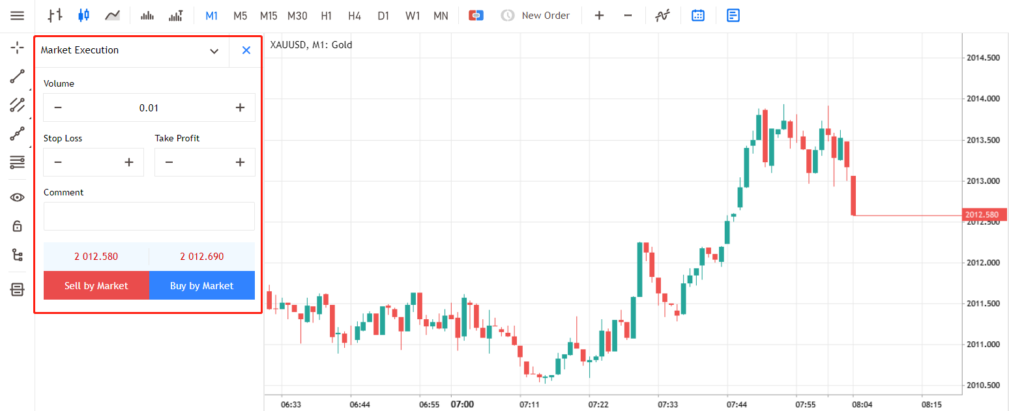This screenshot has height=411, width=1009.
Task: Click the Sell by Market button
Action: (96, 285)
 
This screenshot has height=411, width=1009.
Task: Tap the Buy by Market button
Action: (202, 285)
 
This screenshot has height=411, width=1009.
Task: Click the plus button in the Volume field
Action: (240, 107)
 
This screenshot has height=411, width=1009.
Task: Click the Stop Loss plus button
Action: (129, 162)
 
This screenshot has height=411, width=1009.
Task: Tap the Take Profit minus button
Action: (169, 162)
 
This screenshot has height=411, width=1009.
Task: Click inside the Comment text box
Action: (149, 216)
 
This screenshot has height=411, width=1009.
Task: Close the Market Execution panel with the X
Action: (246, 50)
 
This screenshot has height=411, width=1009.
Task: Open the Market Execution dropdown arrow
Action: (214, 51)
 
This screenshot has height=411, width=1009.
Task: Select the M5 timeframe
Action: (240, 16)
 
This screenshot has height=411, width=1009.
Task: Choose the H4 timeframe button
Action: (355, 16)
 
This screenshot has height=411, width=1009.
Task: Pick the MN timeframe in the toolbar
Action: (441, 16)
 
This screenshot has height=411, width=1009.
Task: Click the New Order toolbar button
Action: (535, 15)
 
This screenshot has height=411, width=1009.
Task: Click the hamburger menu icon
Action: (17, 16)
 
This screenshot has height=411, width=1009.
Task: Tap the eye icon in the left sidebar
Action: (17, 197)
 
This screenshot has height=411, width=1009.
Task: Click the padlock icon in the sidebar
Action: (17, 225)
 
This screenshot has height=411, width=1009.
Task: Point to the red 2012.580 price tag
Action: (984, 215)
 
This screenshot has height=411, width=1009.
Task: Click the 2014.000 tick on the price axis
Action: (983, 98)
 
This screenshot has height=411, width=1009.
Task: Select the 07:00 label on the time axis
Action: (462, 404)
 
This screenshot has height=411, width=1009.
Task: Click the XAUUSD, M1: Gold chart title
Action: (311, 44)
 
